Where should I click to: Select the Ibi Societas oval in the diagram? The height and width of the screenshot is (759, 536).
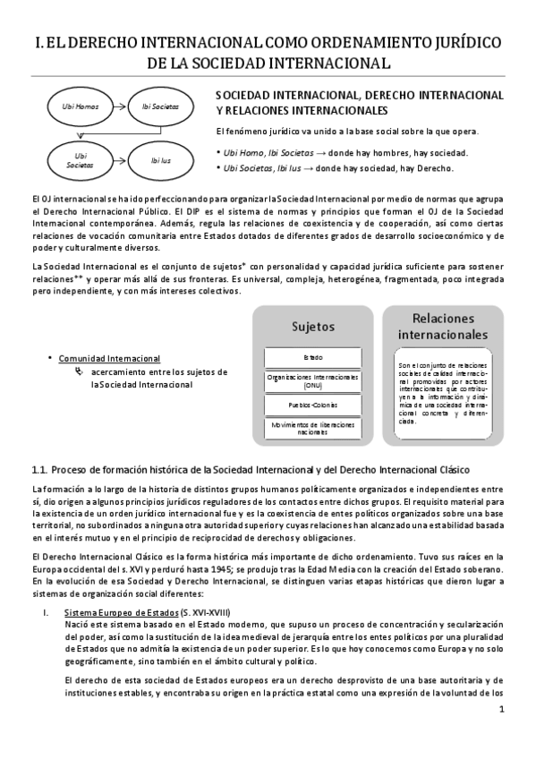click(x=160, y=107)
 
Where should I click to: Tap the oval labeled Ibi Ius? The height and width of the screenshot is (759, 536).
click(x=160, y=161)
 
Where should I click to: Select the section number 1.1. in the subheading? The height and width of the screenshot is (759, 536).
click(x=38, y=470)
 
